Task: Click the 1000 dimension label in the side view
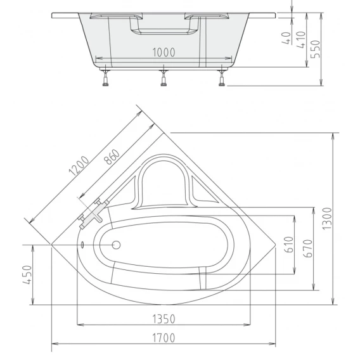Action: coord(164,53)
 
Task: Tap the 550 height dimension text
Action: coord(316,49)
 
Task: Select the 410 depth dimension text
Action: coord(301,40)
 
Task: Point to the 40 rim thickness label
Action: coord(286,38)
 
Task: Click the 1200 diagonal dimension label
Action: coord(79,166)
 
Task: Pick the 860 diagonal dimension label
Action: coord(112,157)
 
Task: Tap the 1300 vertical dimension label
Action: coord(327,219)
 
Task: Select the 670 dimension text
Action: coord(308,248)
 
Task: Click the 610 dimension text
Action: coord(289,245)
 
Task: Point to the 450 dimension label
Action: coord(27,275)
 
